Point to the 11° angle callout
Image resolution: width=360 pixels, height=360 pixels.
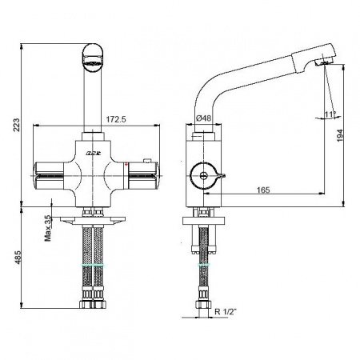click(x=331, y=114)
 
